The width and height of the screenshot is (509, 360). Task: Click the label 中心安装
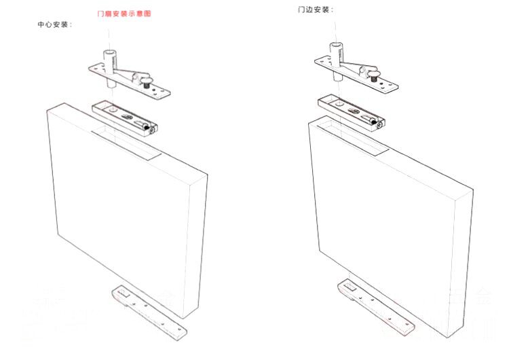coord(55,24)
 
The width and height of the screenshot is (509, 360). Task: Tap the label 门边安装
coord(316,11)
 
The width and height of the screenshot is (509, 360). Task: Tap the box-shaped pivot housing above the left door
coord(126,117)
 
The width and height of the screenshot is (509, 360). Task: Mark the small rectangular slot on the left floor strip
coord(123,294)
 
